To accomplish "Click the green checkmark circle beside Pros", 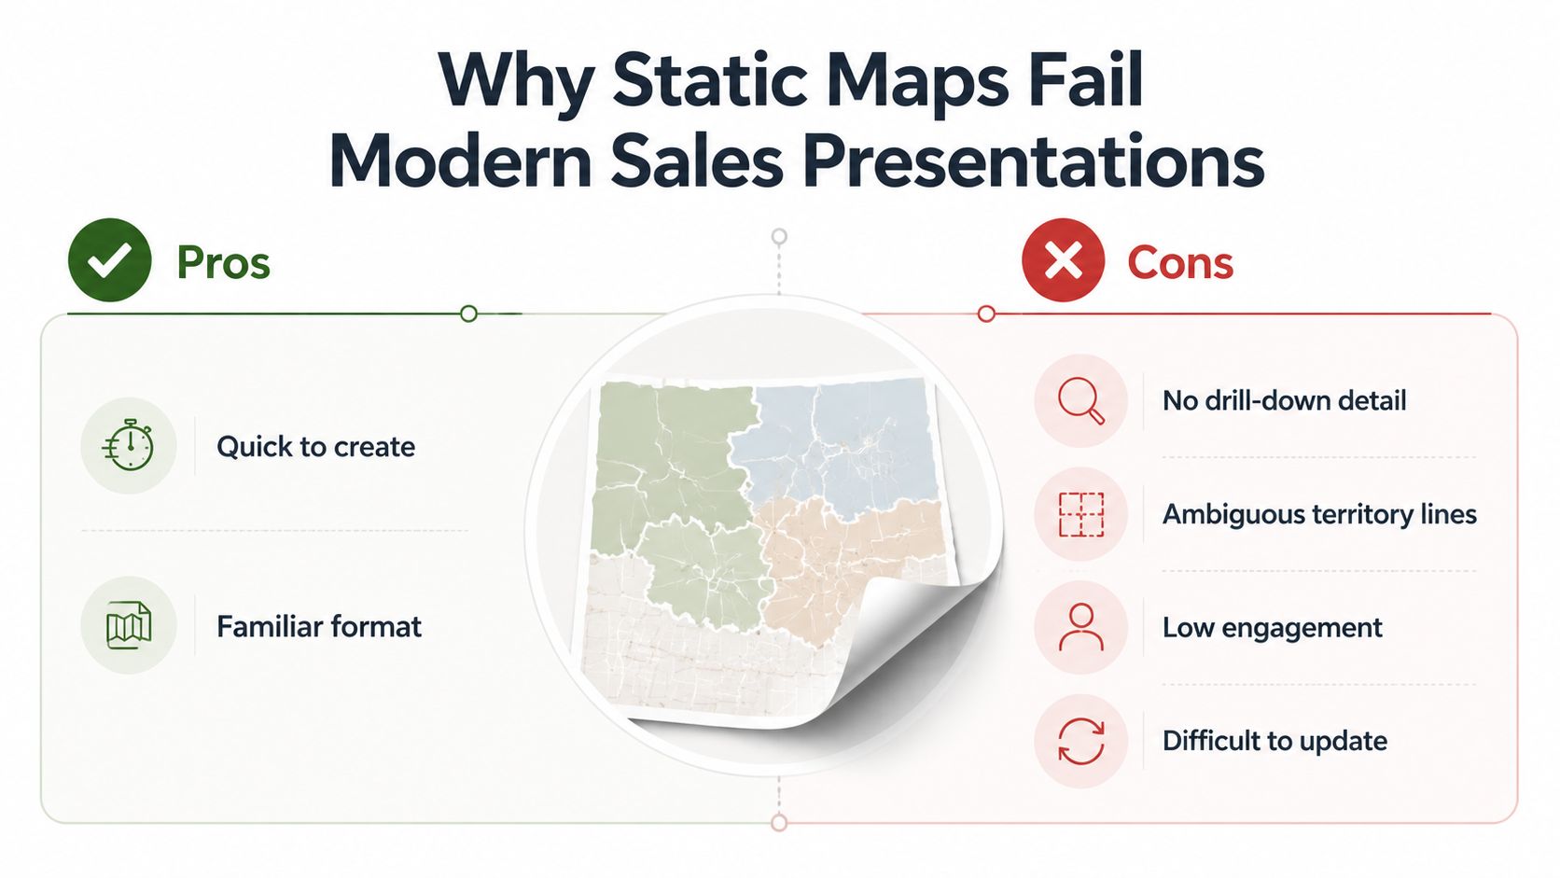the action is (x=109, y=259).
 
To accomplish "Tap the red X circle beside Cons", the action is (x=1063, y=259).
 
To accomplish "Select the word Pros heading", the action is (x=223, y=262).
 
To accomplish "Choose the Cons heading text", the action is (x=1179, y=262).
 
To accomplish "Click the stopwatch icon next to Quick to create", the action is (x=128, y=446).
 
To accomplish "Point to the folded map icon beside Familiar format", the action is (x=128, y=625).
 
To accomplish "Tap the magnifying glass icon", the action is (x=1080, y=401).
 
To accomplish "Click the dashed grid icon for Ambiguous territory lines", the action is (x=1080, y=514).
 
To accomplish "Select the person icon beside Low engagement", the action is (x=1080, y=627).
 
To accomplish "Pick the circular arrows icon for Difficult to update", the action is (x=1080, y=741).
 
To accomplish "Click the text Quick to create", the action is (x=315, y=446).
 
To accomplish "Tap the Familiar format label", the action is (x=319, y=626).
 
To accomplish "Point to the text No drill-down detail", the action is (x=1284, y=400).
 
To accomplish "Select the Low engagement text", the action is (x=1272, y=627).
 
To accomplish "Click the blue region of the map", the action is (x=836, y=446).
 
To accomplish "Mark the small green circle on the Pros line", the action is (x=468, y=314).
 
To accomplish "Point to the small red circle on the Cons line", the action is (x=986, y=314).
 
